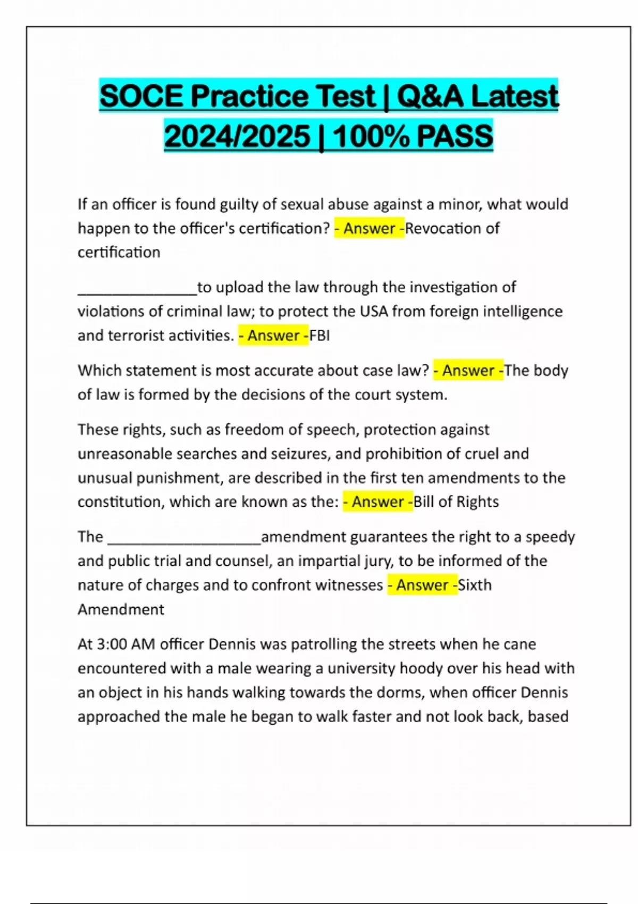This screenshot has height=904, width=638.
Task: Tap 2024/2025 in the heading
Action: pyautogui.click(x=237, y=136)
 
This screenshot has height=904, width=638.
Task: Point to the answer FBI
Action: pyautogui.click(x=320, y=336)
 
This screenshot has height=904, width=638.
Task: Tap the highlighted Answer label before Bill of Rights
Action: pyautogui.click(x=377, y=501)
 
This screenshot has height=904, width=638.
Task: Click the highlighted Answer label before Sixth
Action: pyautogui.click(x=422, y=585)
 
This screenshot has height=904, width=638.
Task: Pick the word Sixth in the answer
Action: pyautogui.click(x=475, y=585)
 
